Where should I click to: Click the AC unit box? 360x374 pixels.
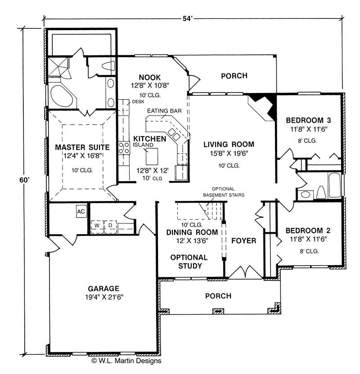click(81, 211)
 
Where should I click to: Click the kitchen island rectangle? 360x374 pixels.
click(152, 156)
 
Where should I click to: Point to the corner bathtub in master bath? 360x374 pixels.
click(63, 96)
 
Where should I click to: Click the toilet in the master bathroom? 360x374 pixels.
click(108, 66)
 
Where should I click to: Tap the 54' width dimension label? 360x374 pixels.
click(188, 18)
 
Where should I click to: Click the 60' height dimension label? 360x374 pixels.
click(24, 180)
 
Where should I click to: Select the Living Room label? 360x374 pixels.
click(229, 144)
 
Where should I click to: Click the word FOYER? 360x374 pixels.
click(244, 240)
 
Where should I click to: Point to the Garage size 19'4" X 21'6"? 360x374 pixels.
click(104, 297)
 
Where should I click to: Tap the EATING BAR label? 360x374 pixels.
click(164, 111)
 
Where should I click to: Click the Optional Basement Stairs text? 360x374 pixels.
click(224, 192)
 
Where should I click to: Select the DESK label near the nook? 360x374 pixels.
click(138, 102)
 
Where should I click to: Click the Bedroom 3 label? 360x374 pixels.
click(308, 120)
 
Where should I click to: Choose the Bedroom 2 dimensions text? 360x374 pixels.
click(308, 239)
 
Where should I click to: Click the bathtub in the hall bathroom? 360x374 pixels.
click(335, 185)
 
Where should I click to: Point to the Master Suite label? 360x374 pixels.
click(82, 147)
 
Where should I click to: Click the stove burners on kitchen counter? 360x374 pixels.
click(124, 148)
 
